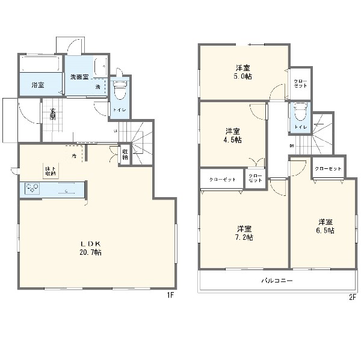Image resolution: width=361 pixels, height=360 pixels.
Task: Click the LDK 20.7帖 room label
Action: click(x=91, y=248)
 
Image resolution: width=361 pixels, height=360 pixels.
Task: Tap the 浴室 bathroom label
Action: click(x=37, y=85)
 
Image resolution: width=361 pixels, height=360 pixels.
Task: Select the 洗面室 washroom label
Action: click(x=79, y=77)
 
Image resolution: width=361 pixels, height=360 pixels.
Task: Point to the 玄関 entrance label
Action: click(x=53, y=114)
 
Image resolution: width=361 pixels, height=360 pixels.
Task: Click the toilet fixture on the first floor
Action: click(x=119, y=90)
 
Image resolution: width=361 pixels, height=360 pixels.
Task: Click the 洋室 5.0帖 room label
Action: click(x=242, y=71)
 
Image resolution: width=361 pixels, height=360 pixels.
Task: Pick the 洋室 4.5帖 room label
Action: click(x=233, y=135)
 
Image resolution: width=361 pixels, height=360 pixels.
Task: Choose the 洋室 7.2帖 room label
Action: click(x=244, y=233)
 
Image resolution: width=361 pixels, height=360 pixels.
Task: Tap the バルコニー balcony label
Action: click(x=276, y=281)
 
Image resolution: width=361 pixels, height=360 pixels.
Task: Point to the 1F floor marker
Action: click(x=170, y=296)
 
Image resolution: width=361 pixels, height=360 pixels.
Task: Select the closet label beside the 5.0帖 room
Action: click(x=300, y=83)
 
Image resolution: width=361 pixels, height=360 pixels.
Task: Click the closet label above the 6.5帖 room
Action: click(x=328, y=169)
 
